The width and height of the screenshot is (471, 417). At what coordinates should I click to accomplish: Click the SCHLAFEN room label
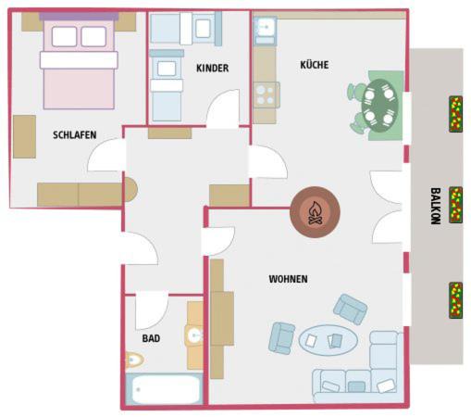[x=75, y=135]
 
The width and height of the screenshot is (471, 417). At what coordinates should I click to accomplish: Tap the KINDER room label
[x=213, y=68]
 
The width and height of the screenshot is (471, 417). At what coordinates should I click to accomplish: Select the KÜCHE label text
[x=315, y=65]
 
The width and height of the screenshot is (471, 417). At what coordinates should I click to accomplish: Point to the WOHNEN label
[x=288, y=279]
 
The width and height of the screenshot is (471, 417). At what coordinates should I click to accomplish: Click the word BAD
[x=151, y=338]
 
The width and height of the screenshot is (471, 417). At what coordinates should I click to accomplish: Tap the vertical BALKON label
[x=436, y=206]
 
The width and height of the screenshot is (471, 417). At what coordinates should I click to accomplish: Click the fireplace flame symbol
[x=315, y=212]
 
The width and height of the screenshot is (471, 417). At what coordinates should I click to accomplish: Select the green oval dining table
[x=380, y=106]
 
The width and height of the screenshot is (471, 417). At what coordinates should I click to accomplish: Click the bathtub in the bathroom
[x=165, y=389]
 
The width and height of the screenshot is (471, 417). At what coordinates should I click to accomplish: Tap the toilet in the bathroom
[x=134, y=360]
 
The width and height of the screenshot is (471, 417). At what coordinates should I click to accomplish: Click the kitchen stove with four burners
[x=266, y=95]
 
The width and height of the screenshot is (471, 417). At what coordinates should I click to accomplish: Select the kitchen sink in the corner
[x=265, y=31]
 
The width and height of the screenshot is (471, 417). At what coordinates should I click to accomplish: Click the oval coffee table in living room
[x=328, y=340]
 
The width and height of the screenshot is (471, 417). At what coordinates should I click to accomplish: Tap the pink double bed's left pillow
[x=64, y=36]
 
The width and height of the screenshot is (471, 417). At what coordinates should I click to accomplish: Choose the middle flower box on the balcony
[x=455, y=205]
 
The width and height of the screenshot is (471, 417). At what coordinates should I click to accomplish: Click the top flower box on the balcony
[x=455, y=114]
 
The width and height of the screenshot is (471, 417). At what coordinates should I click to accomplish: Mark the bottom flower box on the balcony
[x=455, y=300]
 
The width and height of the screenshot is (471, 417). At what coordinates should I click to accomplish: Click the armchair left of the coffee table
[x=281, y=338]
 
